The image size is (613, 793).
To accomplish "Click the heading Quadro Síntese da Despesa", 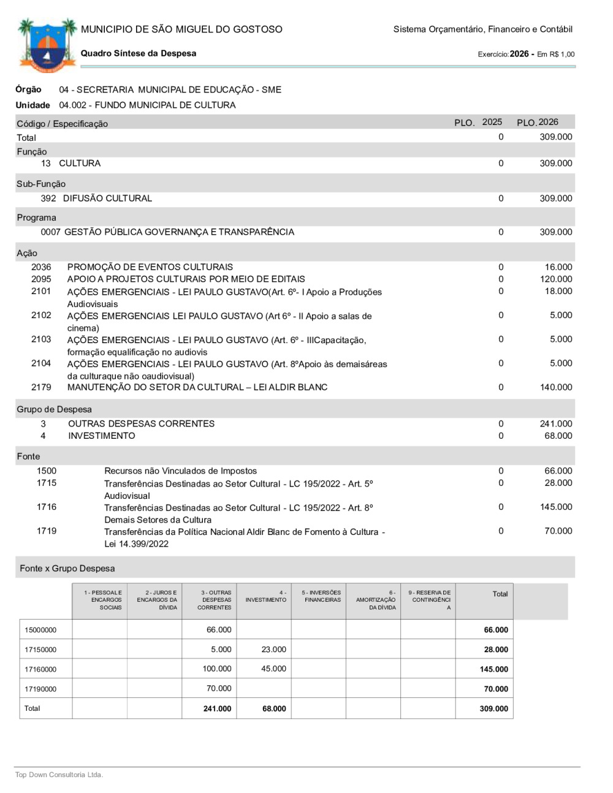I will click(x=139, y=53).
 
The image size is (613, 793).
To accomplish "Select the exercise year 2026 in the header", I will click(x=519, y=54).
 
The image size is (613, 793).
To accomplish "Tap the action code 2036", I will click(x=41, y=267).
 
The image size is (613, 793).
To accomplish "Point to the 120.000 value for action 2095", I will click(x=555, y=279).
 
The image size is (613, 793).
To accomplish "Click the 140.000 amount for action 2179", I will click(x=555, y=387).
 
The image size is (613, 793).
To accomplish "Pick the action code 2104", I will click(x=41, y=363).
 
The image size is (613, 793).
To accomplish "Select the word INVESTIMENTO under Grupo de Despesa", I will click(x=102, y=436).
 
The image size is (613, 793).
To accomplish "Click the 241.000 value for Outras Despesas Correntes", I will click(x=555, y=424).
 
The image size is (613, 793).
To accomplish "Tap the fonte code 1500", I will click(x=47, y=471).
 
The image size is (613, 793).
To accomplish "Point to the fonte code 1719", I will click(x=47, y=531).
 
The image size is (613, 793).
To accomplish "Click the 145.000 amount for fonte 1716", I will click(x=555, y=507).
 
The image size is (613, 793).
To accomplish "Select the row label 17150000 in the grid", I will click(x=40, y=650).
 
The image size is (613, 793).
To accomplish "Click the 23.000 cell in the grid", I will click(x=273, y=650).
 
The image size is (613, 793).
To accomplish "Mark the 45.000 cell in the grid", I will click(x=273, y=669).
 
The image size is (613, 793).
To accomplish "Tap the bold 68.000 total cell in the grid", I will click(x=274, y=709).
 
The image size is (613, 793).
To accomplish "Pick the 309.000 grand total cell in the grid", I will click(x=493, y=709).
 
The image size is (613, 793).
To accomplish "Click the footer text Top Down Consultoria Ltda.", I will click(x=59, y=775).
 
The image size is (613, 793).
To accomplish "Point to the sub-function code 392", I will click(x=48, y=199).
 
